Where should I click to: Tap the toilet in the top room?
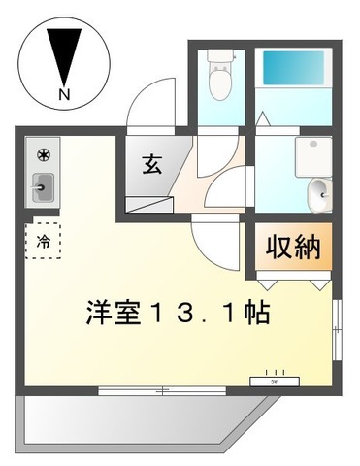[x=222, y=83]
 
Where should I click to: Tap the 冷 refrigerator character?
[x=44, y=238]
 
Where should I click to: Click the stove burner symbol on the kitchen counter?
[x=44, y=155]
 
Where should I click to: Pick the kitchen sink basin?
[x=43, y=185]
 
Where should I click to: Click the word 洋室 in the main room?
[x=115, y=314]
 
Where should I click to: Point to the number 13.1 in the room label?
[x=198, y=314]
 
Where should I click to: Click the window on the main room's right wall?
[x=338, y=330]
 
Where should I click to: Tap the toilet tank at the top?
[x=222, y=58]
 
